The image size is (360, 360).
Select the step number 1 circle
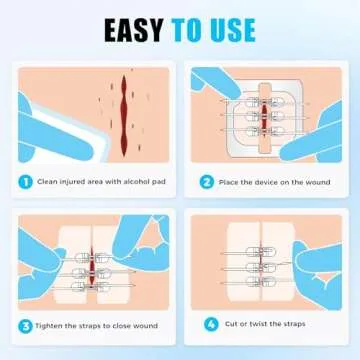point(24,183)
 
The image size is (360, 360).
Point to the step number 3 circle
point(24,324)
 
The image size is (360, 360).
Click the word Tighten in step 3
point(49,324)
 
